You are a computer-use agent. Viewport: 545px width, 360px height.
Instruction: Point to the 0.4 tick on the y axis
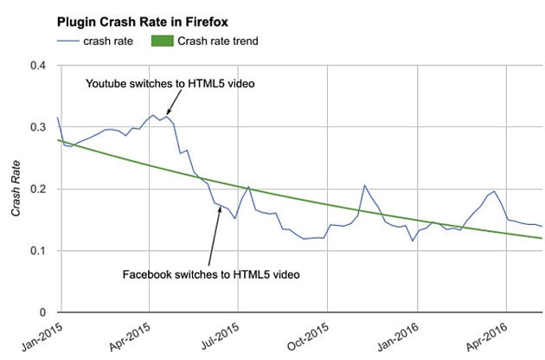coord(41,66)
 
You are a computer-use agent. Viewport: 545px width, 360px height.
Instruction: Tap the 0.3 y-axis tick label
coord(41,127)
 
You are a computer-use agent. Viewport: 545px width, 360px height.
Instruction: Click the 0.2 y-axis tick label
coord(41,189)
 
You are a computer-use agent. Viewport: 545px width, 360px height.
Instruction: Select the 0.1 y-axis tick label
coord(41,251)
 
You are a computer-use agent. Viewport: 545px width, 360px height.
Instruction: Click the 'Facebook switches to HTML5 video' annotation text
coord(210,274)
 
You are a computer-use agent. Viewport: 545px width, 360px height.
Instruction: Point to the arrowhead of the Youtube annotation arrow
coord(169,113)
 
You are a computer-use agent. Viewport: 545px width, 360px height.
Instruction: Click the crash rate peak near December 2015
coord(364,185)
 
